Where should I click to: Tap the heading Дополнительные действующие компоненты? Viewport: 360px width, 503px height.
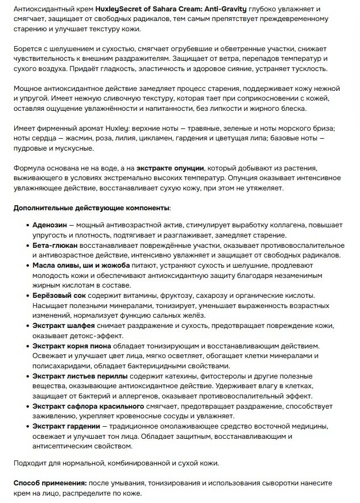click(x=91, y=208)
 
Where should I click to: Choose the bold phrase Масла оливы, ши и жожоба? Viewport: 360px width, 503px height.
click(x=81, y=265)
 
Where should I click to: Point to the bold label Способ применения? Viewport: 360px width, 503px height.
click(x=50, y=482)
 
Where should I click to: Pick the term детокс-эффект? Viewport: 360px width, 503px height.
click(x=82, y=335)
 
